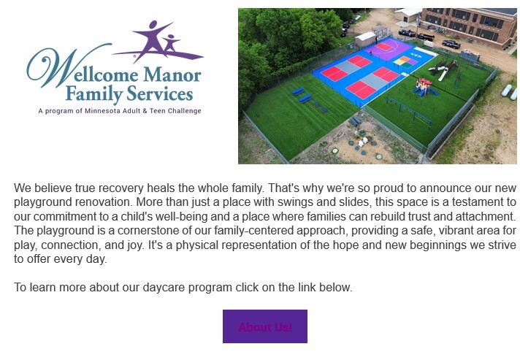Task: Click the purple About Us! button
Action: click(x=264, y=326)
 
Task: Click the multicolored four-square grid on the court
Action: click(x=405, y=61)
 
